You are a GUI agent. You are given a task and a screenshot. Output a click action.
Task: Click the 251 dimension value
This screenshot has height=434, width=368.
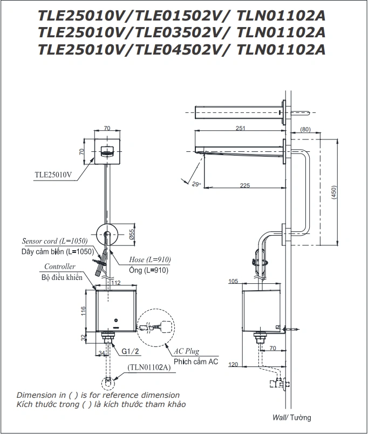tap(240, 128)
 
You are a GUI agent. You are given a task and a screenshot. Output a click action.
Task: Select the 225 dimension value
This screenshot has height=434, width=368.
tap(244, 185)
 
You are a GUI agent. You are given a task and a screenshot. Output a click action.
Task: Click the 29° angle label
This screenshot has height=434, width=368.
tap(195, 184)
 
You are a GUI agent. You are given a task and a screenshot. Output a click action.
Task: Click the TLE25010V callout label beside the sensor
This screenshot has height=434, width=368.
tap(52, 175)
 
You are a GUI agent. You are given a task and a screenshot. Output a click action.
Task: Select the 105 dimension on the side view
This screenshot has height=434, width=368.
tap(234, 282)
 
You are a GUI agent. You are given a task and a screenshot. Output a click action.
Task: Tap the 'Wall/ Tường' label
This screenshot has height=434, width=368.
tap(291, 418)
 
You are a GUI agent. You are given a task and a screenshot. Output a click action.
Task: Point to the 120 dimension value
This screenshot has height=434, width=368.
tap(234, 365)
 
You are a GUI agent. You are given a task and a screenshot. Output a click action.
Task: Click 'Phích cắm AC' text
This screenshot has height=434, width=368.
tap(196, 362)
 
